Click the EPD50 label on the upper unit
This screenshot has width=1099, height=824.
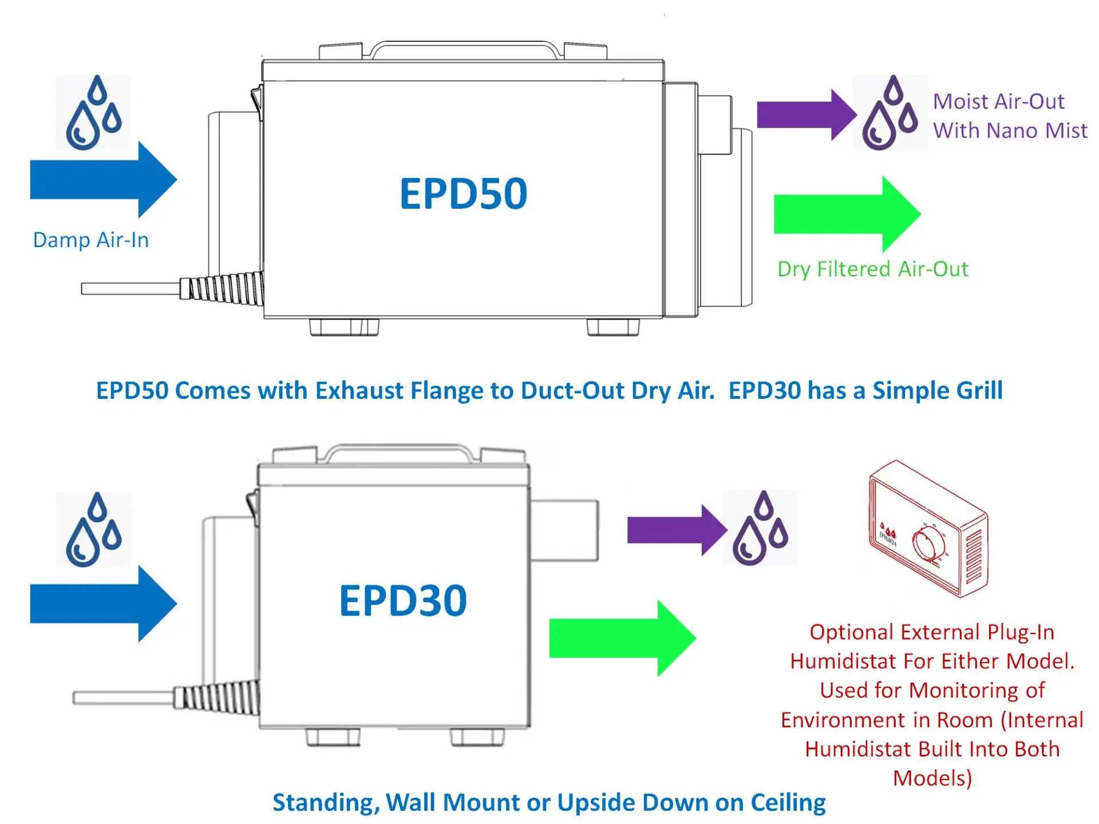463,194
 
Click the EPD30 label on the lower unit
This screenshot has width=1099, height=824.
403,601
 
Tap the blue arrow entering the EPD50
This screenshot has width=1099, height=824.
103,180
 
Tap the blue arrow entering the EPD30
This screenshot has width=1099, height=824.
103,603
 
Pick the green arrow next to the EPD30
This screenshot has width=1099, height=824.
622,638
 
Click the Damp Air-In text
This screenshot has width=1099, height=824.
91,240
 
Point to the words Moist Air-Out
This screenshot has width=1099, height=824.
998,101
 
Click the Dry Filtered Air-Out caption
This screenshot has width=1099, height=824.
872,269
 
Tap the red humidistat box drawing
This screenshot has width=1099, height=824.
927,529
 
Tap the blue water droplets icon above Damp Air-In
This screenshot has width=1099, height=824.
94,113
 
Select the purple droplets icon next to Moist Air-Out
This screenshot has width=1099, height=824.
890,113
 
